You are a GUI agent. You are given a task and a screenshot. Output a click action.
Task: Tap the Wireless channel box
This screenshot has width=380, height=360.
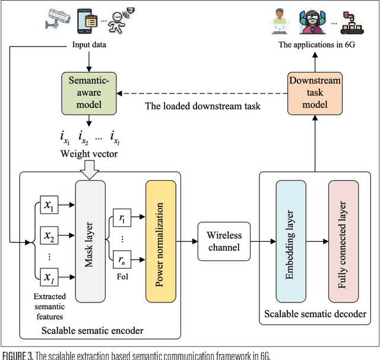(220, 241)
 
